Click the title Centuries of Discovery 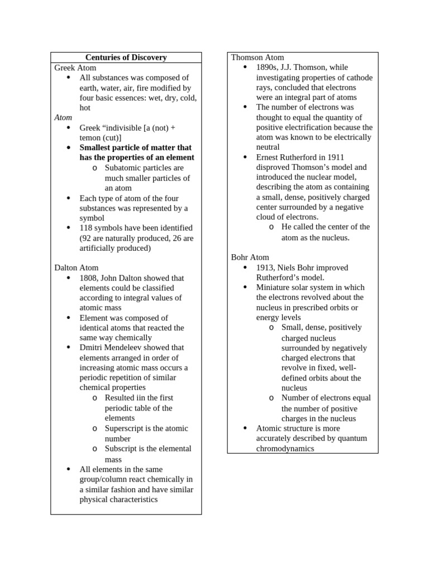coord(126,58)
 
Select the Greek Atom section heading coord(75,68)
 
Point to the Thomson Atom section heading coord(258,58)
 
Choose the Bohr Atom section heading coord(250,258)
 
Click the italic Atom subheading coord(63,118)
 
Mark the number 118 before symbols coord(87,228)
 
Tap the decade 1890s coord(267,68)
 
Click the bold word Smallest coord(97,148)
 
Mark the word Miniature coord(274,288)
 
